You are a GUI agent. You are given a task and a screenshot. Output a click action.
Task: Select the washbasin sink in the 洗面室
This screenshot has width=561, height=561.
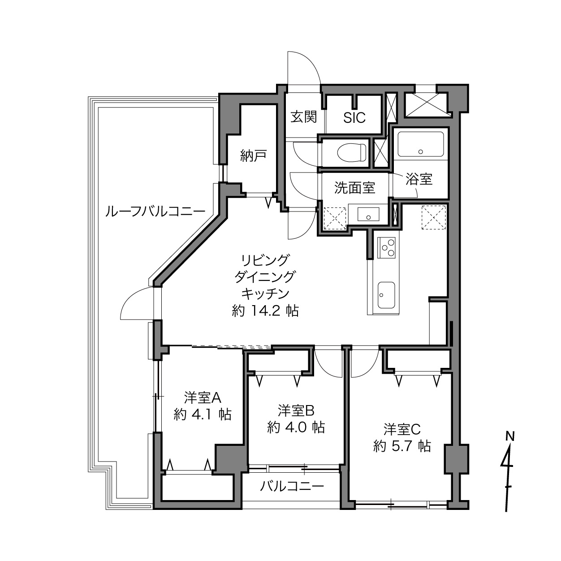pos(368,214)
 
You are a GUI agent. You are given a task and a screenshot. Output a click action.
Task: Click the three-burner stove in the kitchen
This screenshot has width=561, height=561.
pos(386,247)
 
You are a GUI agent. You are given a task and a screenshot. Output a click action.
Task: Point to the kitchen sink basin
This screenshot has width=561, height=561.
pos(386,295)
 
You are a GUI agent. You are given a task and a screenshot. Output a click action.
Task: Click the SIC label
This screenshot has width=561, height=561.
pos(354,117)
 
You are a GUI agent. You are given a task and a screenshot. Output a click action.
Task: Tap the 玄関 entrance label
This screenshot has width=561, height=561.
pos(303,117)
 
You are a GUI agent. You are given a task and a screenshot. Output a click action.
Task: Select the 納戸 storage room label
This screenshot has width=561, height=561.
pos(253,155)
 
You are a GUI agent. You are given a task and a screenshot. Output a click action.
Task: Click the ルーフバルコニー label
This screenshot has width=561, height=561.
pos(155,211)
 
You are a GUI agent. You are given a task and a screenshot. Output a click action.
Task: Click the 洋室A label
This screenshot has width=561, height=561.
pos(203,397)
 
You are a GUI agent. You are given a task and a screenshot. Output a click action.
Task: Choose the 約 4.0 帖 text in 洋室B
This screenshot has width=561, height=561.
pos(296,427)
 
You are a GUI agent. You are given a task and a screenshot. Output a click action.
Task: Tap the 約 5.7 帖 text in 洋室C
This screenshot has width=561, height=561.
pos(402,446)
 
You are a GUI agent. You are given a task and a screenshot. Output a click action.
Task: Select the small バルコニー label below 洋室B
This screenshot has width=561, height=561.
pos(292,486)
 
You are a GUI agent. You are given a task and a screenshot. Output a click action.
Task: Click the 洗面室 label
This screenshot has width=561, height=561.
pos(354,187)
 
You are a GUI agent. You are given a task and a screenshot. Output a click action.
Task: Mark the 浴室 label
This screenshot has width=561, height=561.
pos(419,179)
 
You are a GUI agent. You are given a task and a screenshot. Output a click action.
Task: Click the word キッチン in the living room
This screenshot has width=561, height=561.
pos(265,294)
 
